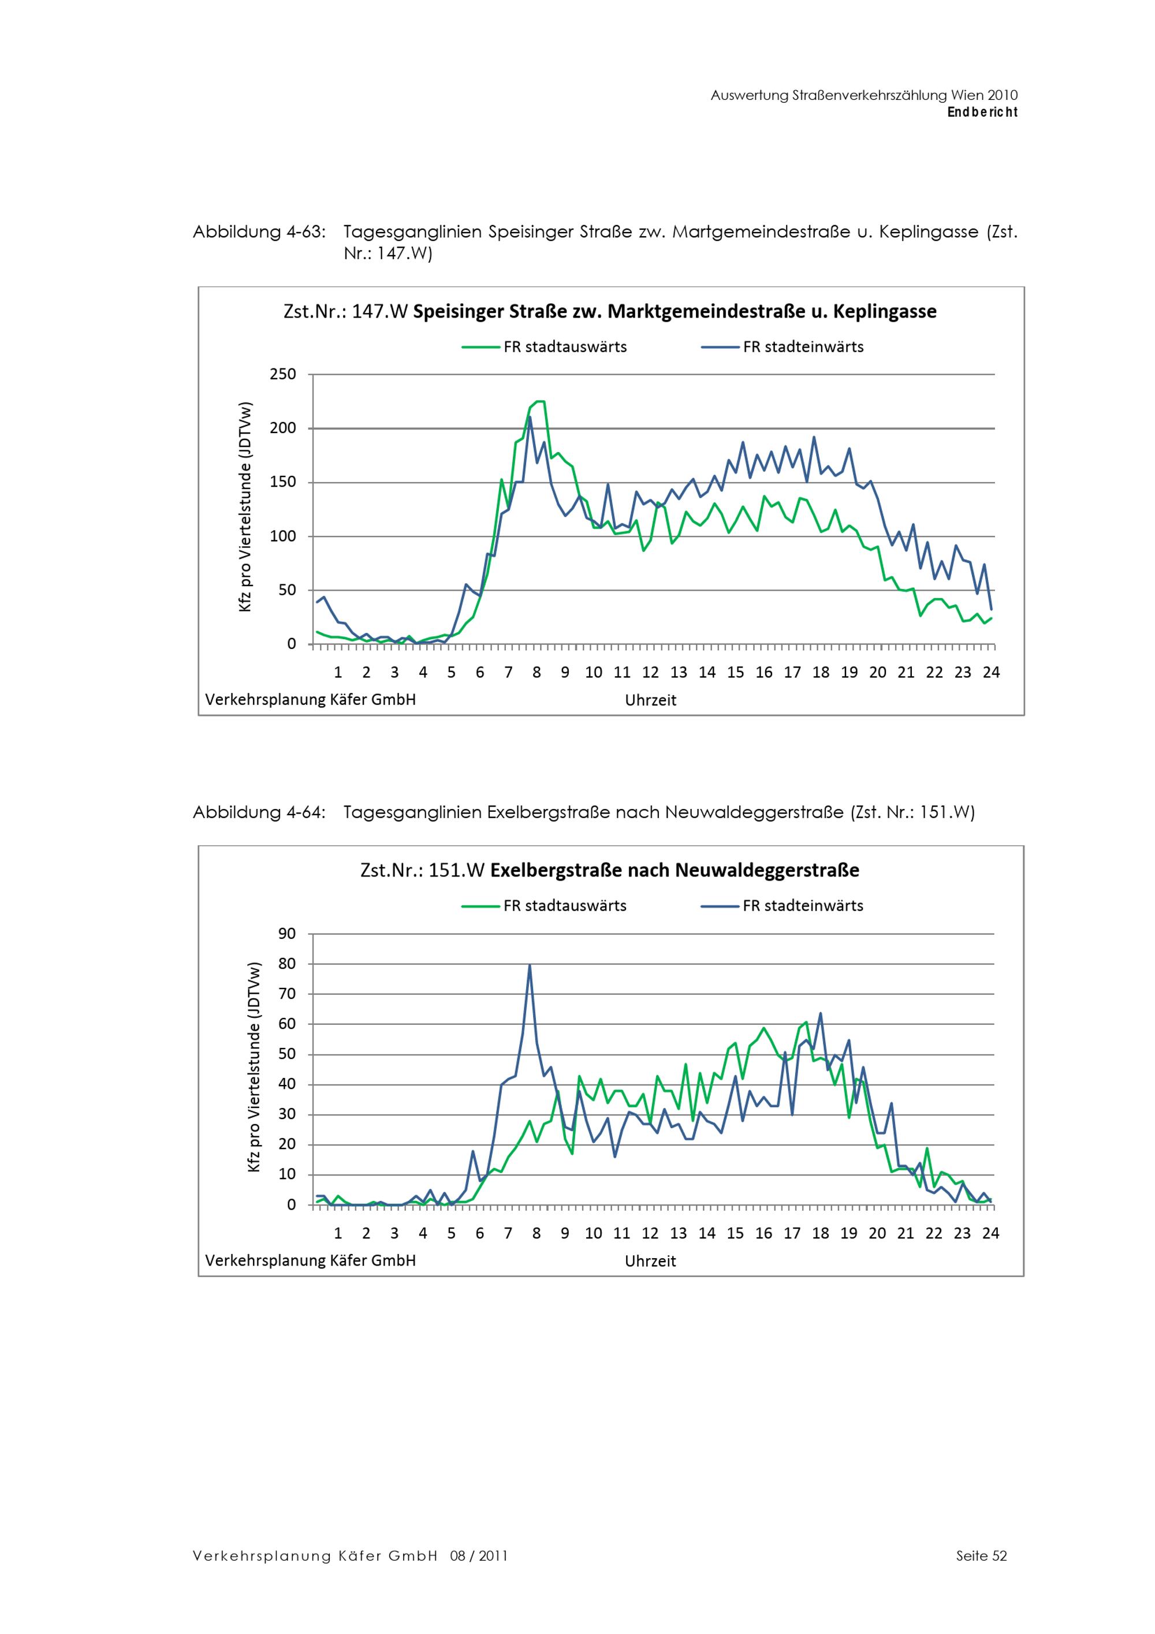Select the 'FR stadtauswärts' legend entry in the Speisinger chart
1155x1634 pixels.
click(x=545, y=347)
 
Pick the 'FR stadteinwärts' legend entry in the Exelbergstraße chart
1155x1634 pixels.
click(x=782, y=906)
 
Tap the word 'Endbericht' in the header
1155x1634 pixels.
click(x=982, y=112)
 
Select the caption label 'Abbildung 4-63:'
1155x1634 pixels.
click(x=259, y=233)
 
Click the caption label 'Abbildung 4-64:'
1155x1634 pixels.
click(x=259, y=813)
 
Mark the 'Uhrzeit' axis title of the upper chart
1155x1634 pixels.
click(x=650, y=700)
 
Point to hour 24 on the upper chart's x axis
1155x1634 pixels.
click(x=992, y=673)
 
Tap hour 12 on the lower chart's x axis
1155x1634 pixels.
click(x=650, y=1233)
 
